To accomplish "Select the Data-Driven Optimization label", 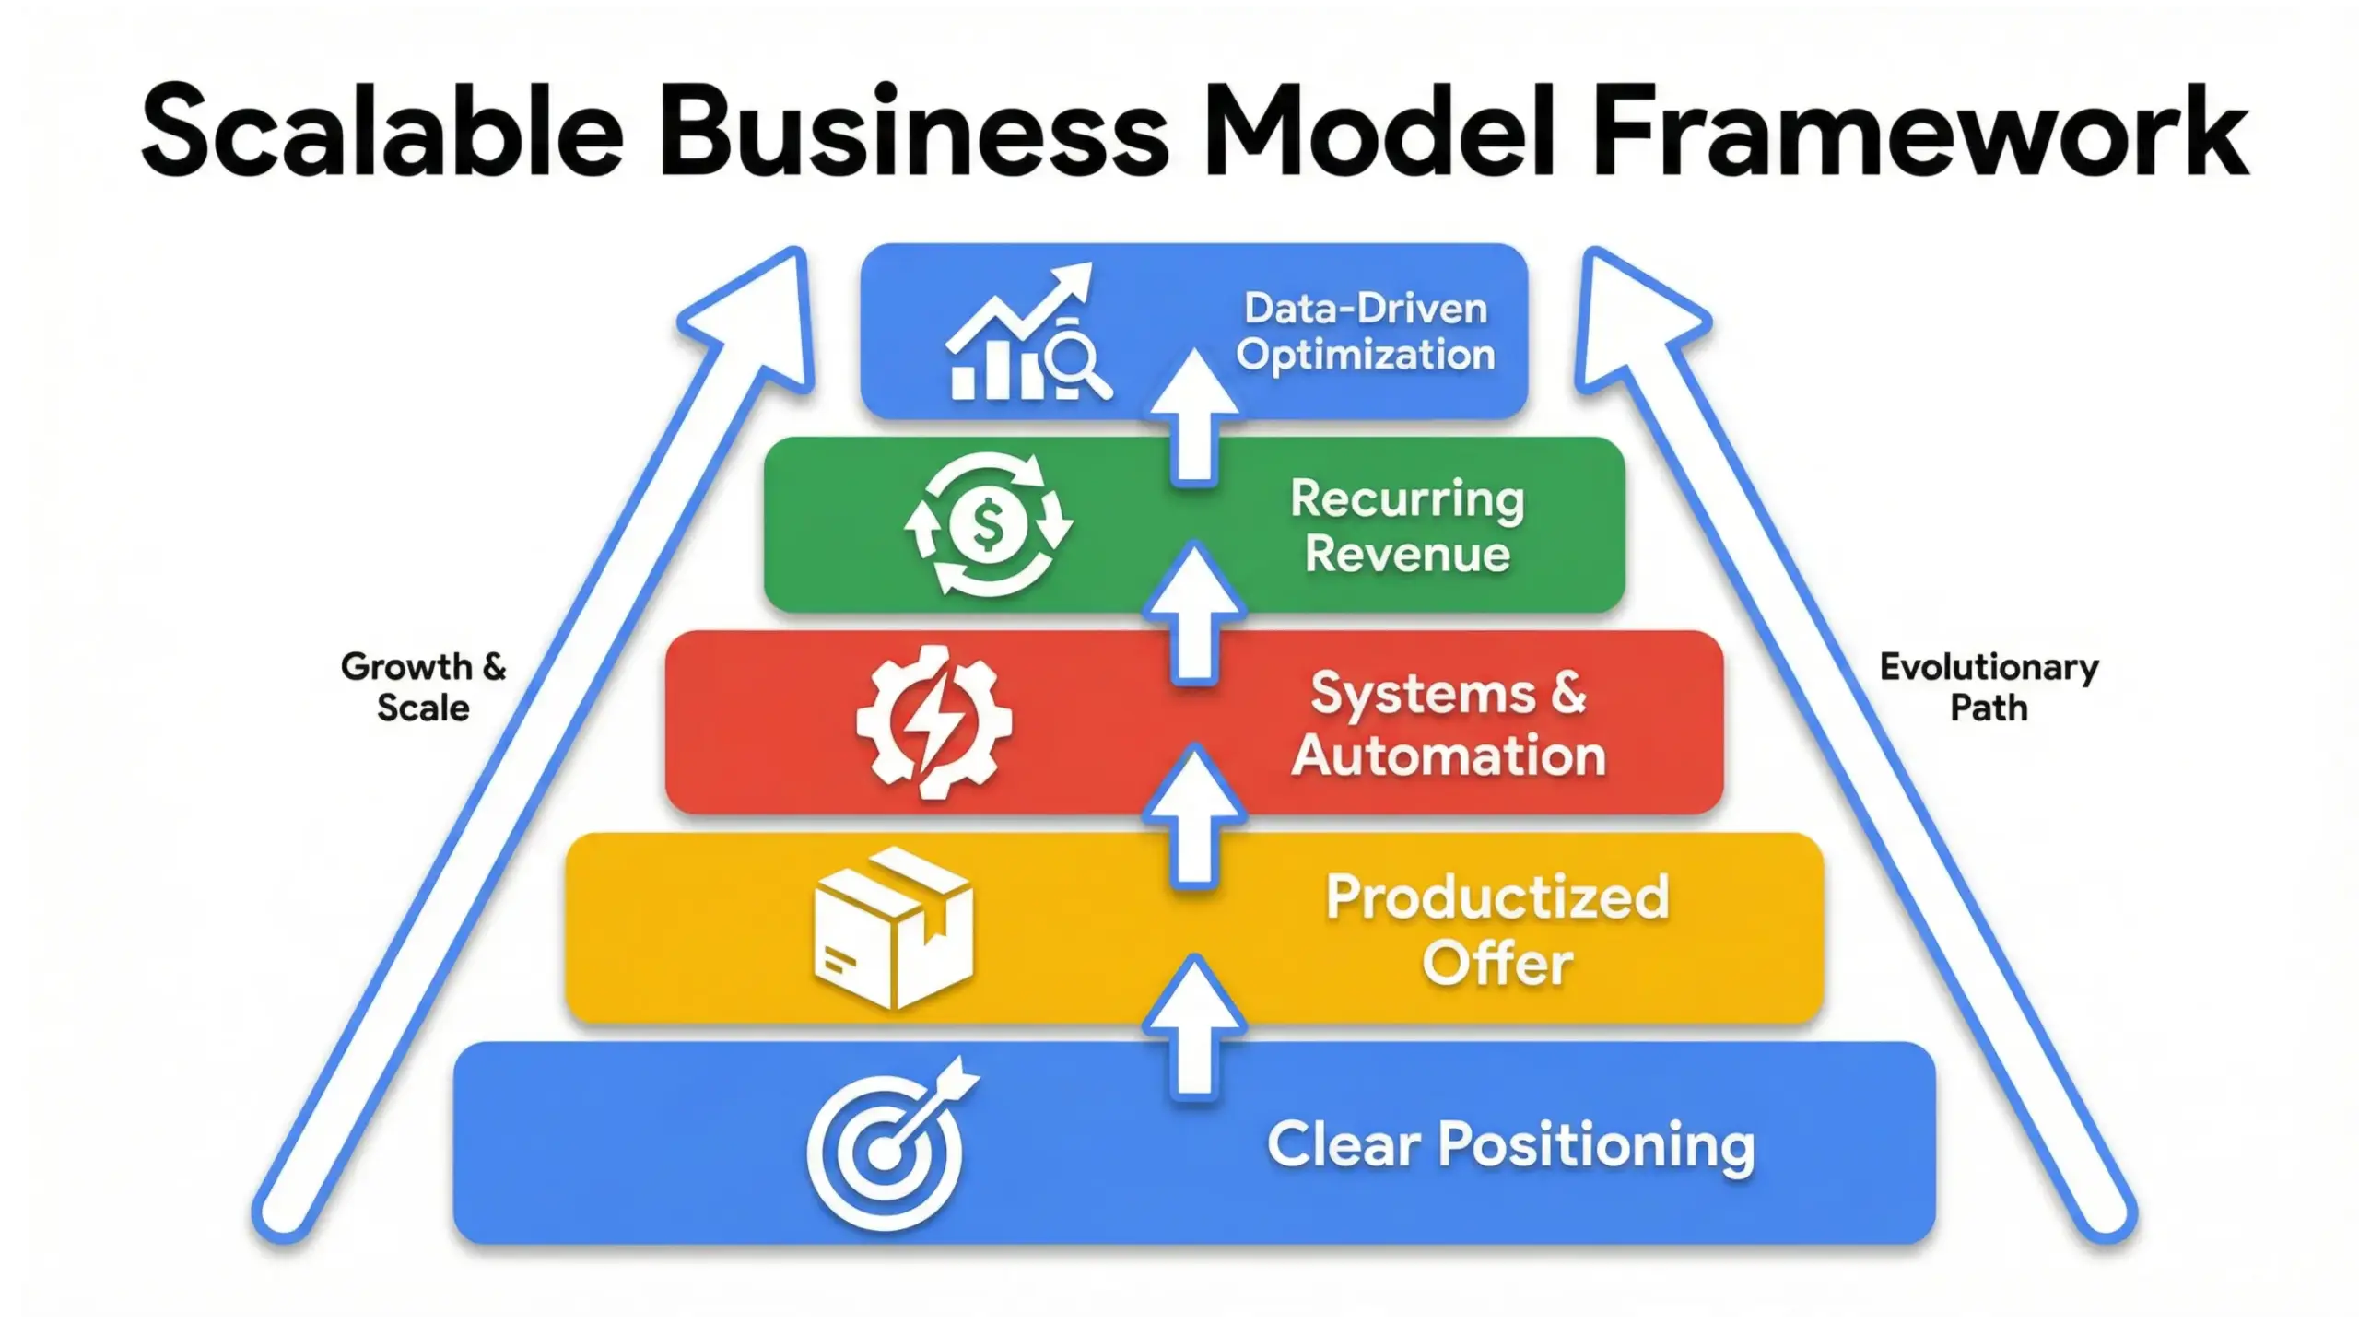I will click(x=1365, y=332).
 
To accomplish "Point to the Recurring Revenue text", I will click(x=1407, y=526).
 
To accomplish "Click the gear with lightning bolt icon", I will click(x=933, y=720).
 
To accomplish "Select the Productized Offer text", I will click(x=1496, y=930).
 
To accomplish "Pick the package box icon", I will click(x=893, y=927).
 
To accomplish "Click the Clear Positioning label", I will click(x=1510, y=1145).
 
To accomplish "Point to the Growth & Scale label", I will click(x=423, y=687).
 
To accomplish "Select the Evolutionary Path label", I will click(x=1989, y=687).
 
